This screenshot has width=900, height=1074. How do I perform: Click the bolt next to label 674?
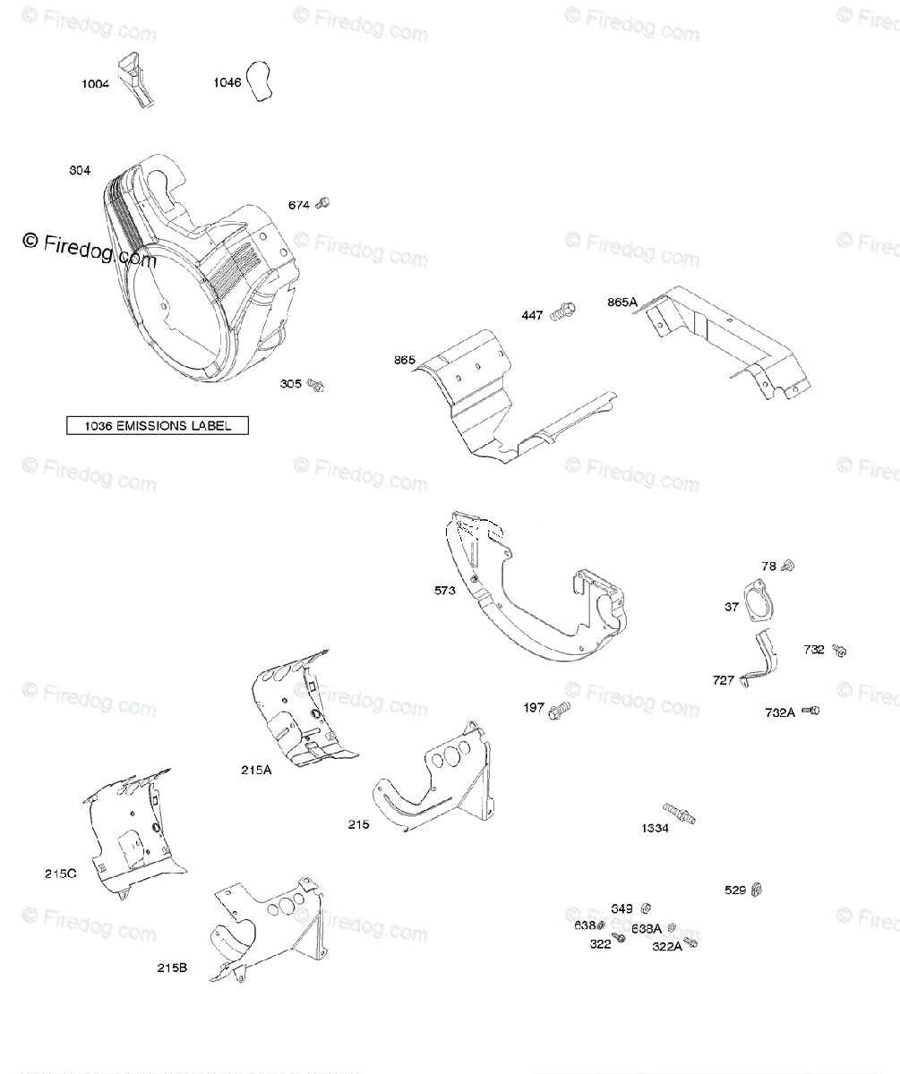click(x=324, y=204)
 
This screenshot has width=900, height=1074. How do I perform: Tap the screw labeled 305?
click(x=315, y=385)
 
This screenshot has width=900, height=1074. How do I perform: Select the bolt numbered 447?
click(x=562, y=312)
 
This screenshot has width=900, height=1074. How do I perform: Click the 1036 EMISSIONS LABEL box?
click(x=158, y=426)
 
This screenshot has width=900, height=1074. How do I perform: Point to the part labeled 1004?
click(x=140, y=81)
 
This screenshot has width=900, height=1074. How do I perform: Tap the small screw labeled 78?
click(x=789, y=566)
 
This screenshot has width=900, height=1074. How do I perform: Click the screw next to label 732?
click(x=839, y=650)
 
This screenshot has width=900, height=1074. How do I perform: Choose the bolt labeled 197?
click(x=561, y=710)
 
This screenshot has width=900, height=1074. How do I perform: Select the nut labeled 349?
click(x=647, y=908)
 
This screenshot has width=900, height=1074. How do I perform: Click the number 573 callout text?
click(x=446, y=591)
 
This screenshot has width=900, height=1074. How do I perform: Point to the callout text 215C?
click(x=60, y=874)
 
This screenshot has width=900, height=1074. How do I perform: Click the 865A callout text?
click(x=621, y=303)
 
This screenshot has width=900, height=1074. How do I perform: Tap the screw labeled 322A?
click(x=690, y=942)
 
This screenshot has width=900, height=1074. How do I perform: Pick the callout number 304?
click(x=80, y=170)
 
